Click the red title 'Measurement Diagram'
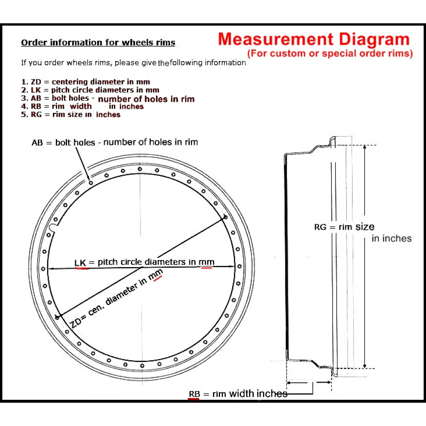click(314, 40)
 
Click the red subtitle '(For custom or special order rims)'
click(330, 54)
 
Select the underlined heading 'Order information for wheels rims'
click(98, 42)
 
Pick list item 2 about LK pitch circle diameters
click(90, 90)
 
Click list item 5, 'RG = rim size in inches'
click(71, 115)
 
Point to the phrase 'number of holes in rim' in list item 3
click(146, 99)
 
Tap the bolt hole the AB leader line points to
click(91, 183)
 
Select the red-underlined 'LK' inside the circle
click(80, 263)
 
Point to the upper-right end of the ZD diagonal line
click(225, 216)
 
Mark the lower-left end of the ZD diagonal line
click(57, 317)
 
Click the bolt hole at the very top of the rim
click(140, 169)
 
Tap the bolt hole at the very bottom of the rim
click(142, 366)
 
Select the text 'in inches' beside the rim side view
click(391, 238)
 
